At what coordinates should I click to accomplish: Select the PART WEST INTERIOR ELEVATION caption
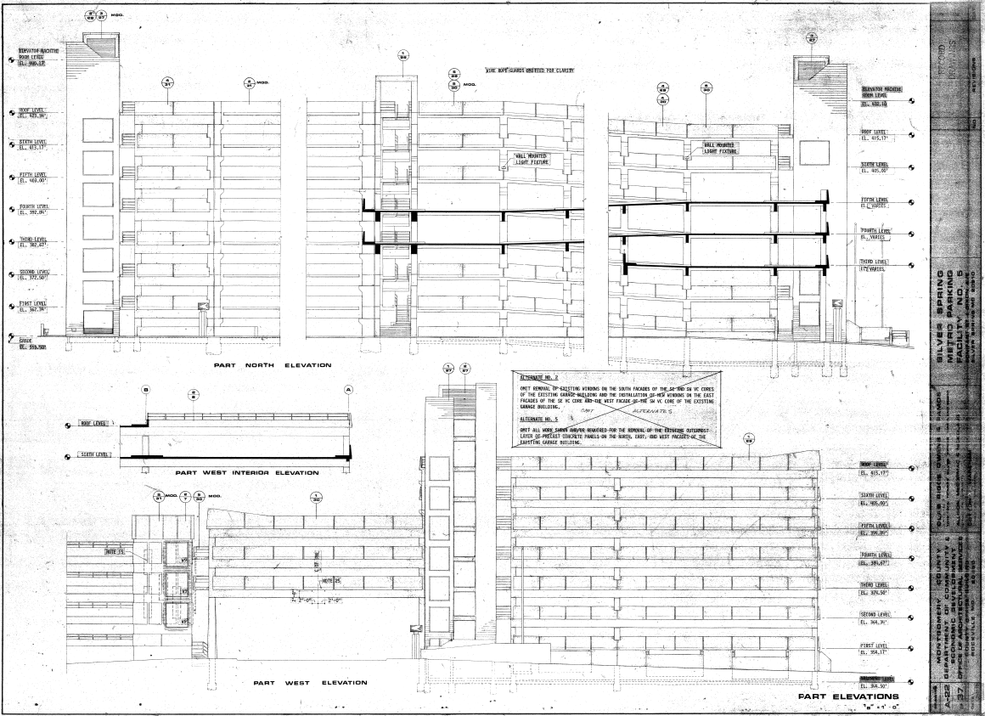click(246, 472)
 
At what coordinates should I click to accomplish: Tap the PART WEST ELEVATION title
click(310, 682)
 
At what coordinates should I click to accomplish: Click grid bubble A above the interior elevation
click(348, 388)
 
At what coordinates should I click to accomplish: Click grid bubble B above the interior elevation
click(145, 388)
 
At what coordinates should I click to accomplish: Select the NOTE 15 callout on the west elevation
click(115, 552)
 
